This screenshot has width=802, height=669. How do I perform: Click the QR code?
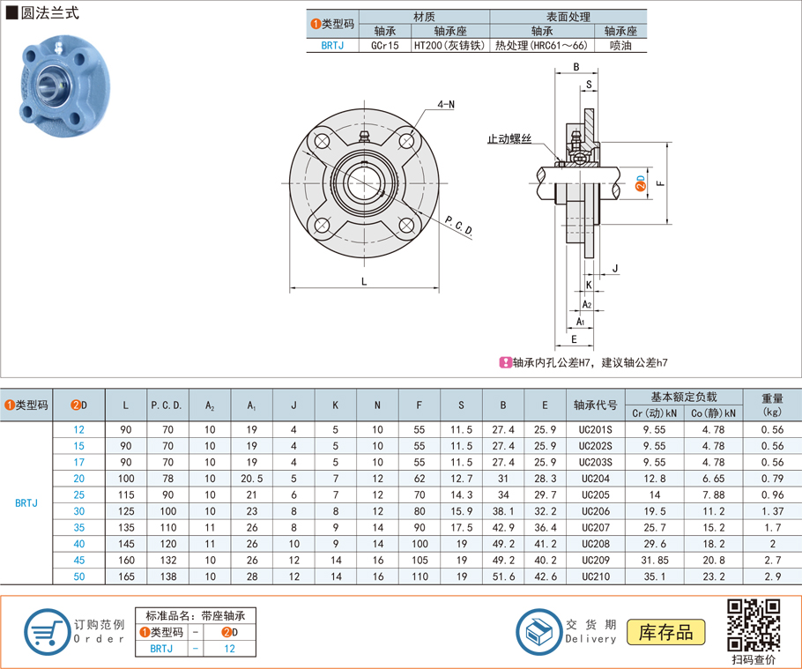[x=754, y=625]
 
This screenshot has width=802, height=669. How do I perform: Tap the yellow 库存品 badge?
[x=665, y=632]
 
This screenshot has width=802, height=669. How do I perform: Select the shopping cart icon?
[x=47, y=632]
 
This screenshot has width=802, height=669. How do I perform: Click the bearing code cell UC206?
[x=596, y=511]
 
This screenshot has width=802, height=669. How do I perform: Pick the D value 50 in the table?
[x=78, y=576]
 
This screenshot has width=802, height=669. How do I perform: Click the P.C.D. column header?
[x=167, y=405]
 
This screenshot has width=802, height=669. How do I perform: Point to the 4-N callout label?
[x=446, y=104]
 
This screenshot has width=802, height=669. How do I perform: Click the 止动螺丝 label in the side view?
[x=509, y=138]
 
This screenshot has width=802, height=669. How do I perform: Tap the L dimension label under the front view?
[x=364, y=281]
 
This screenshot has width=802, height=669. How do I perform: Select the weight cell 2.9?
[x=772, y=576]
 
